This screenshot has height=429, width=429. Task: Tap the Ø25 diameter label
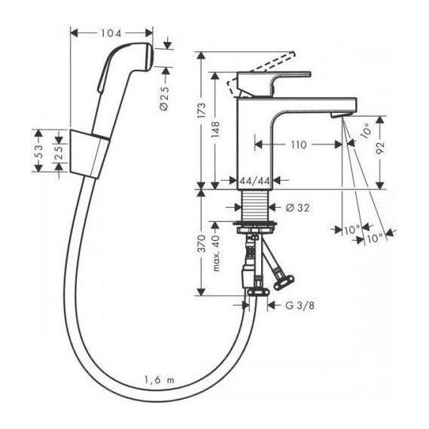[164, 96]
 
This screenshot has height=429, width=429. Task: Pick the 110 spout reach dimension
[299, 145]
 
